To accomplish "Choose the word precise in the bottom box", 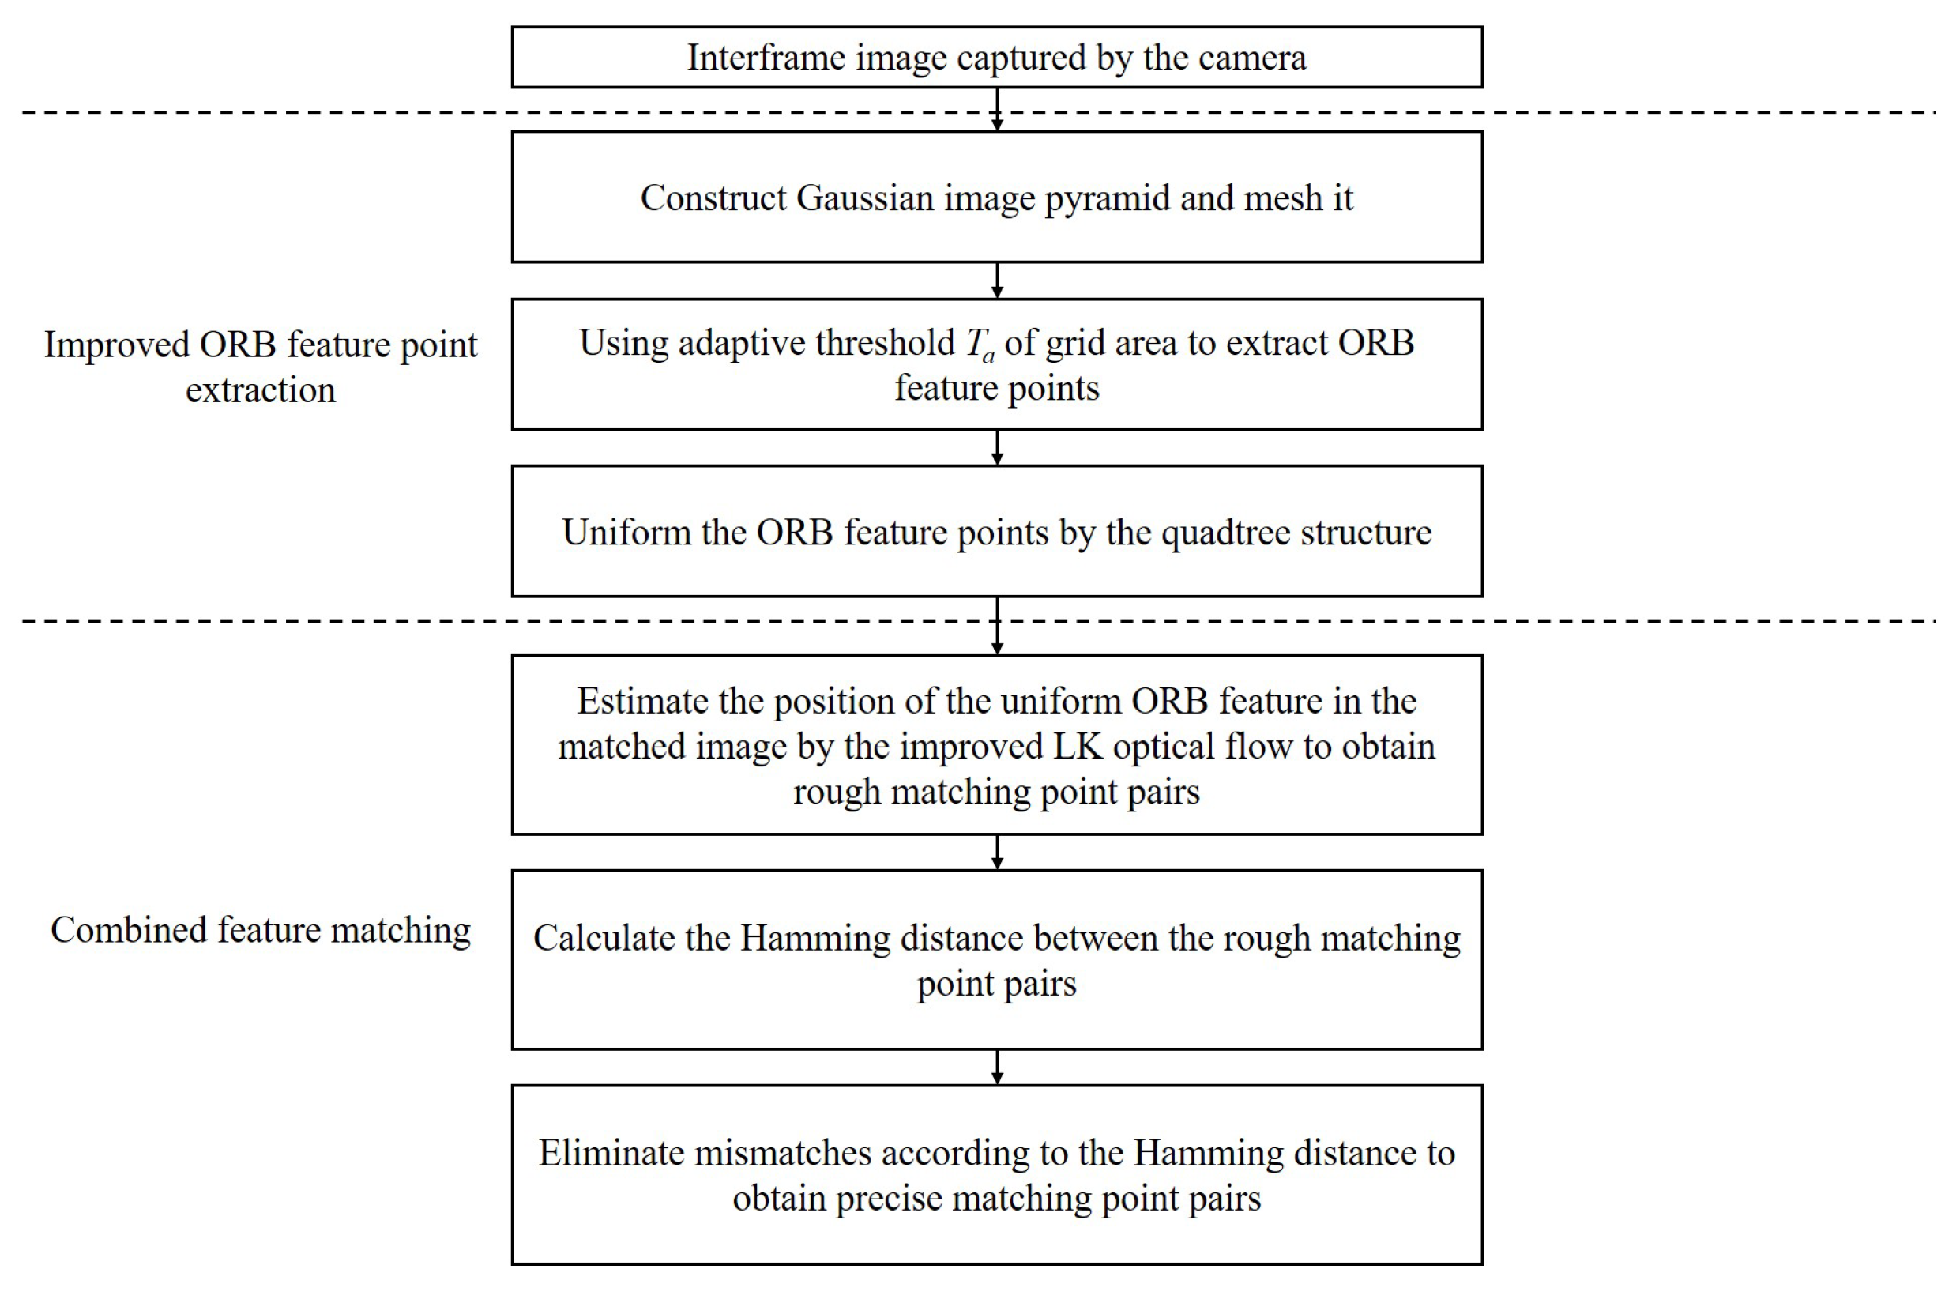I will [x=888, y=1199].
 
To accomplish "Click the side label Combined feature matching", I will [x=260, y=930].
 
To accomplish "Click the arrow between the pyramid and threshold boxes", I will [x=997, y=281].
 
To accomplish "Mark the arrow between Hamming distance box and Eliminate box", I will [x=997, y=1067].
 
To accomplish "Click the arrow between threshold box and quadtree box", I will [x=997, y=448].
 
